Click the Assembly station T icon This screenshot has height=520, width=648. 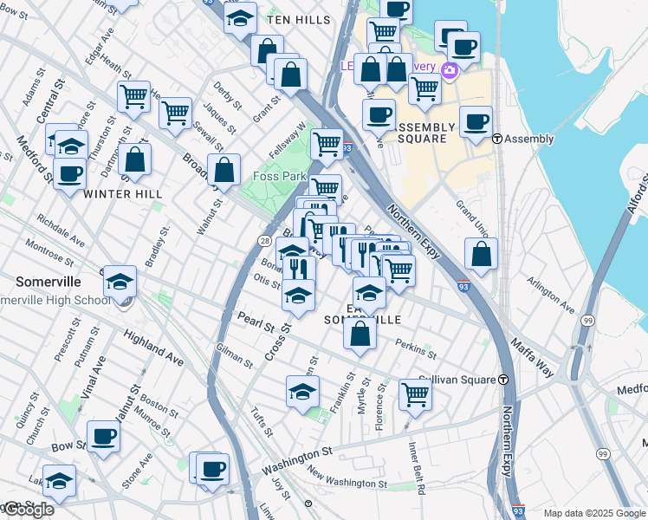497,139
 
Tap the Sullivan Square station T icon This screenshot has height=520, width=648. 502,380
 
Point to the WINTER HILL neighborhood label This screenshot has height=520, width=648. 122,194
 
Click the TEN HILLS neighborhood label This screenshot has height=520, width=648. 299,19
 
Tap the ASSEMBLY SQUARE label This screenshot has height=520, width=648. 422,133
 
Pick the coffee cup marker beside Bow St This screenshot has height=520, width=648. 103,436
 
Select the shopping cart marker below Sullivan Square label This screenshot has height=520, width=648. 416,394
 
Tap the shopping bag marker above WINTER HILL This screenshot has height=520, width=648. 134,159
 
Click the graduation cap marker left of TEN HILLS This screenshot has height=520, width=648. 240,18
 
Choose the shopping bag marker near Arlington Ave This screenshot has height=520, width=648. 481,254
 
